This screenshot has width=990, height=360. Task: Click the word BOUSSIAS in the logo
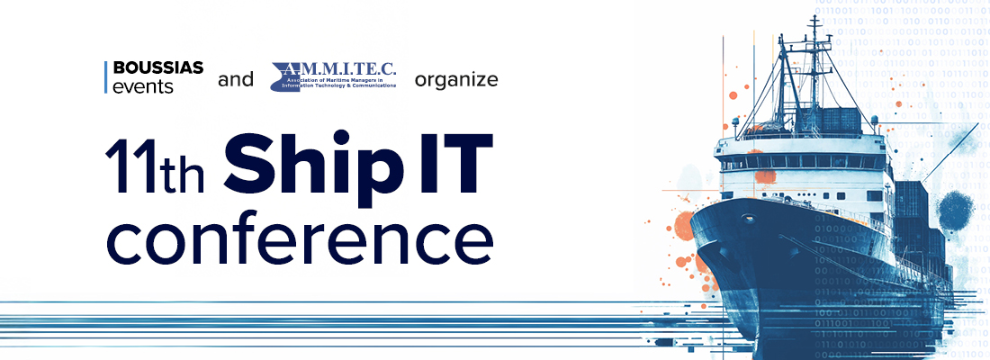[x=158, y=68]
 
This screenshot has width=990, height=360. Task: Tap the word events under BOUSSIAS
[x=143, y=87]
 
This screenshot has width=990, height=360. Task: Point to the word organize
[x=456, y=80]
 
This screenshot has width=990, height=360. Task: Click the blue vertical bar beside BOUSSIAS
[x=106, y=78]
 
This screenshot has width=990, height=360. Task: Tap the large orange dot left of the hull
[x=685, y=224]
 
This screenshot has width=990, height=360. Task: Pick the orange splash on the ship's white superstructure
[x=765, y=175]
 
